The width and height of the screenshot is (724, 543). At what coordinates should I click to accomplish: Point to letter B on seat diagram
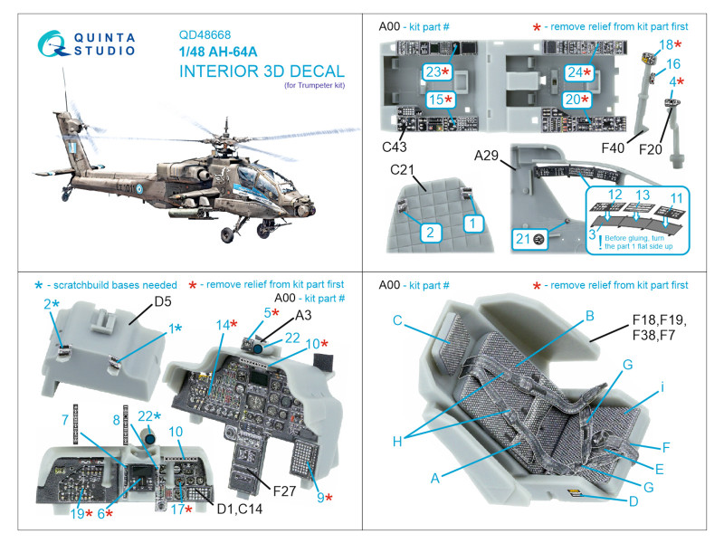click(x=589, y=316)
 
